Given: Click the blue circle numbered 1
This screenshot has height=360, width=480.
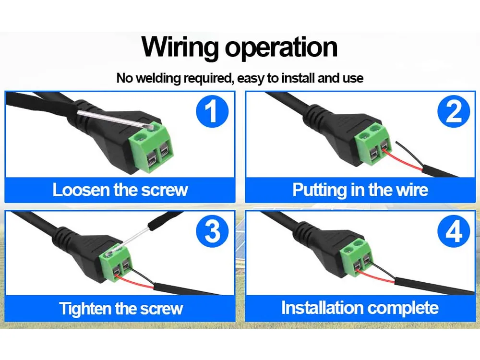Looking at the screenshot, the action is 212,111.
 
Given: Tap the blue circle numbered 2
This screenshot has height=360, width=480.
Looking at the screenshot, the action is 454,111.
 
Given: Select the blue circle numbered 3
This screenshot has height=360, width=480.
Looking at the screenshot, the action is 212,231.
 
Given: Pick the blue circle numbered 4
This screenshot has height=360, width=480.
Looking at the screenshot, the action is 454,231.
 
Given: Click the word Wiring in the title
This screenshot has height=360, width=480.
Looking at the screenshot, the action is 180,48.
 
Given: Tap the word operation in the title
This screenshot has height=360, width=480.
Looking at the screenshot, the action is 281,48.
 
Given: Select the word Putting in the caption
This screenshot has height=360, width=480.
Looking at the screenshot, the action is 319,191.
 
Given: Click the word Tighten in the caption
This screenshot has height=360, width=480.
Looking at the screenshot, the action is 85,309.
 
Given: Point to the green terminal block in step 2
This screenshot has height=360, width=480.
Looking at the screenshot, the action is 373,144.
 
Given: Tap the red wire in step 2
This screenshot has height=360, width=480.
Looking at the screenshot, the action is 404,161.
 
